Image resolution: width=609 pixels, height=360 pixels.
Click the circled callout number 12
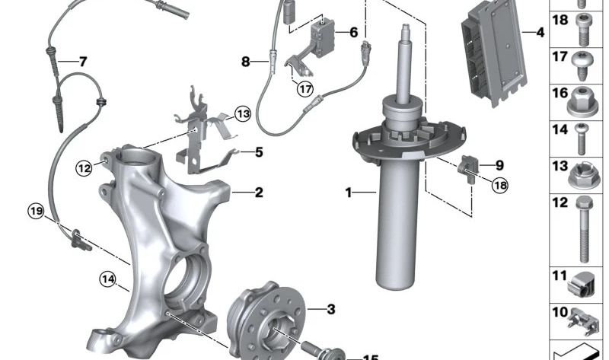coord(84,167)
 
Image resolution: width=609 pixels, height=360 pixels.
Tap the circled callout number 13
coord(242,114)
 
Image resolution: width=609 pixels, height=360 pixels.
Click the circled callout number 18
coord(499,185)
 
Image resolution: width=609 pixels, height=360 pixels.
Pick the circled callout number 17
coord(305,89)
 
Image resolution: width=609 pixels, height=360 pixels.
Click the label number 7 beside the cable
coord(82,61)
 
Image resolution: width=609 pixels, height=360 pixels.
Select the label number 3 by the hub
coord(330,309)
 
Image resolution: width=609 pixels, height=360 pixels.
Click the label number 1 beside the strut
coord(349,193)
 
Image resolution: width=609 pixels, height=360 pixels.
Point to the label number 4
coord(540,33)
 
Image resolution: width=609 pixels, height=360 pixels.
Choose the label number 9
coord(499,164)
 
